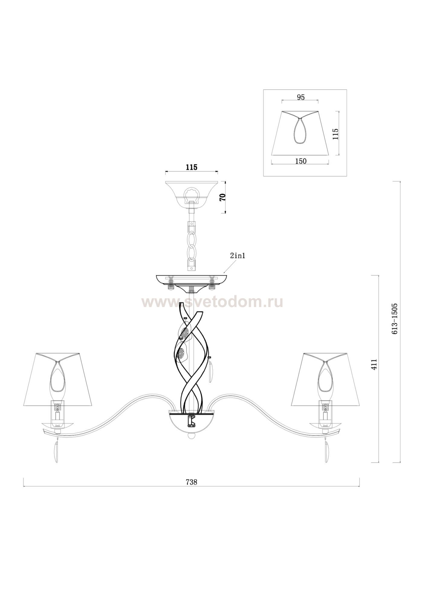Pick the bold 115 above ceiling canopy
pyautogui.click(x=192, y=167)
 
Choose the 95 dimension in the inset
pyautogui.click(x=301, y=97)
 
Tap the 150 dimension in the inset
pyautogui.click(x=301, y=161)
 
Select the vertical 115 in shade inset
pyautogui.click(x=335, y=134)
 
